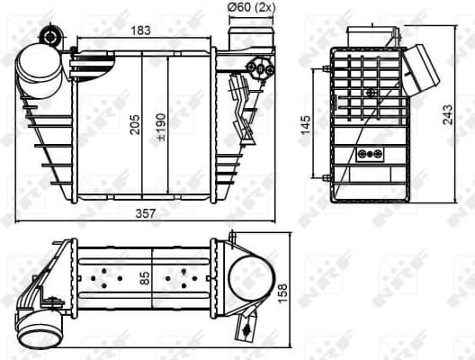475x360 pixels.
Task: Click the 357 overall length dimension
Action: tap(147, 213)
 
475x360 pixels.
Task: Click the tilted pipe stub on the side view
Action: tap(418, 69)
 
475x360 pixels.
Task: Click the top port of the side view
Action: tap(371, 33)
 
